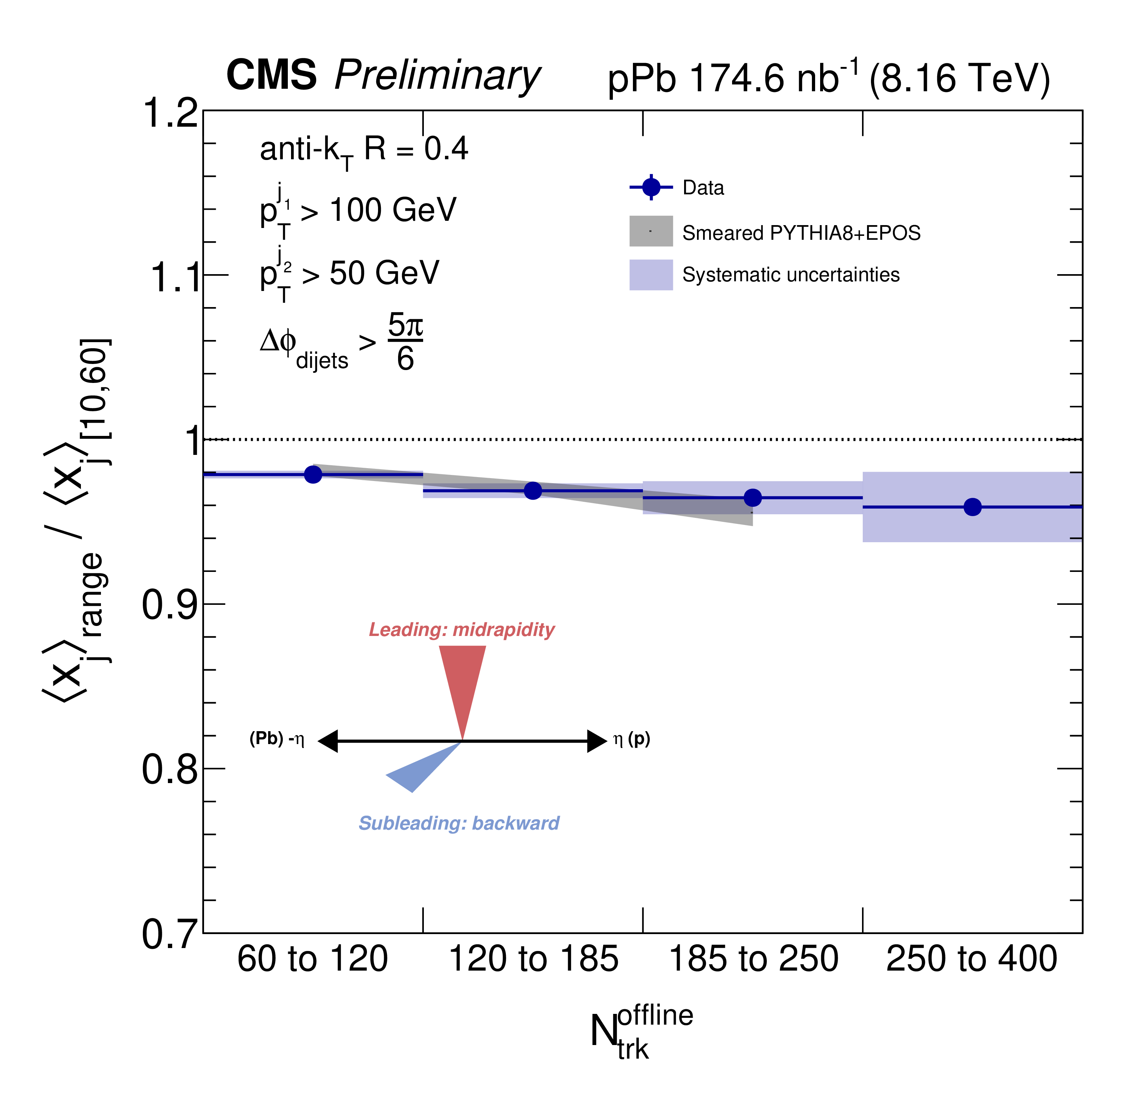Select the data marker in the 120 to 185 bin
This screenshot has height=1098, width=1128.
[533, 491]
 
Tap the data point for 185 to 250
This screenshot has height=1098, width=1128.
[752, 498]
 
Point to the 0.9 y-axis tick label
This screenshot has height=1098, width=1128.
[170, 605]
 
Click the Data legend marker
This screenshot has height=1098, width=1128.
[651, 188]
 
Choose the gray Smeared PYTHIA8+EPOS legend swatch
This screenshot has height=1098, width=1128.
[651, 231]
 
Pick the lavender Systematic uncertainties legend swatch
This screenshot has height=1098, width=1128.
[651, 274]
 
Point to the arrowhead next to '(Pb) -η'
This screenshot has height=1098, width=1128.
[328, 741]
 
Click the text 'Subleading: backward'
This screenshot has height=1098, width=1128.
[459, 823]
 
